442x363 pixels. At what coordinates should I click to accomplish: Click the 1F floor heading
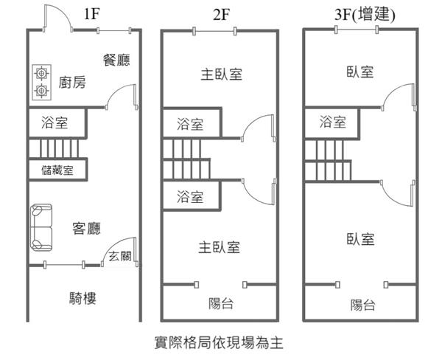pyautogui.click(x=92, y=14)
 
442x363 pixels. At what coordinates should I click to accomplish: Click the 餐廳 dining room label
pyautogui.click(x=116, y=60)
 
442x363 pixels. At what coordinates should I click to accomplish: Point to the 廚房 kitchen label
pyautogui.click(x=71, y=82)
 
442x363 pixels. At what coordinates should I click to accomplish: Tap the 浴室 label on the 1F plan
pyautogui.click(x=56, y=122)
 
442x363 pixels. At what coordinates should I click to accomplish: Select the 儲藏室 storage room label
pyautogui.click(x=57, y=170)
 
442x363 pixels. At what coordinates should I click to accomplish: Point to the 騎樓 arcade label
pyautogui.click(x=83, y=298)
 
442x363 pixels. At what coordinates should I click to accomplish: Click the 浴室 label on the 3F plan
pyautogui.click(x=332, y=122)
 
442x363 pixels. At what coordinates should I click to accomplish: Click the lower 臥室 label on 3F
pyautogui.click(x=361, y=239)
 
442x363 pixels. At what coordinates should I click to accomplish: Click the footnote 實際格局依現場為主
pyautogui.click(x=219, y=342)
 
